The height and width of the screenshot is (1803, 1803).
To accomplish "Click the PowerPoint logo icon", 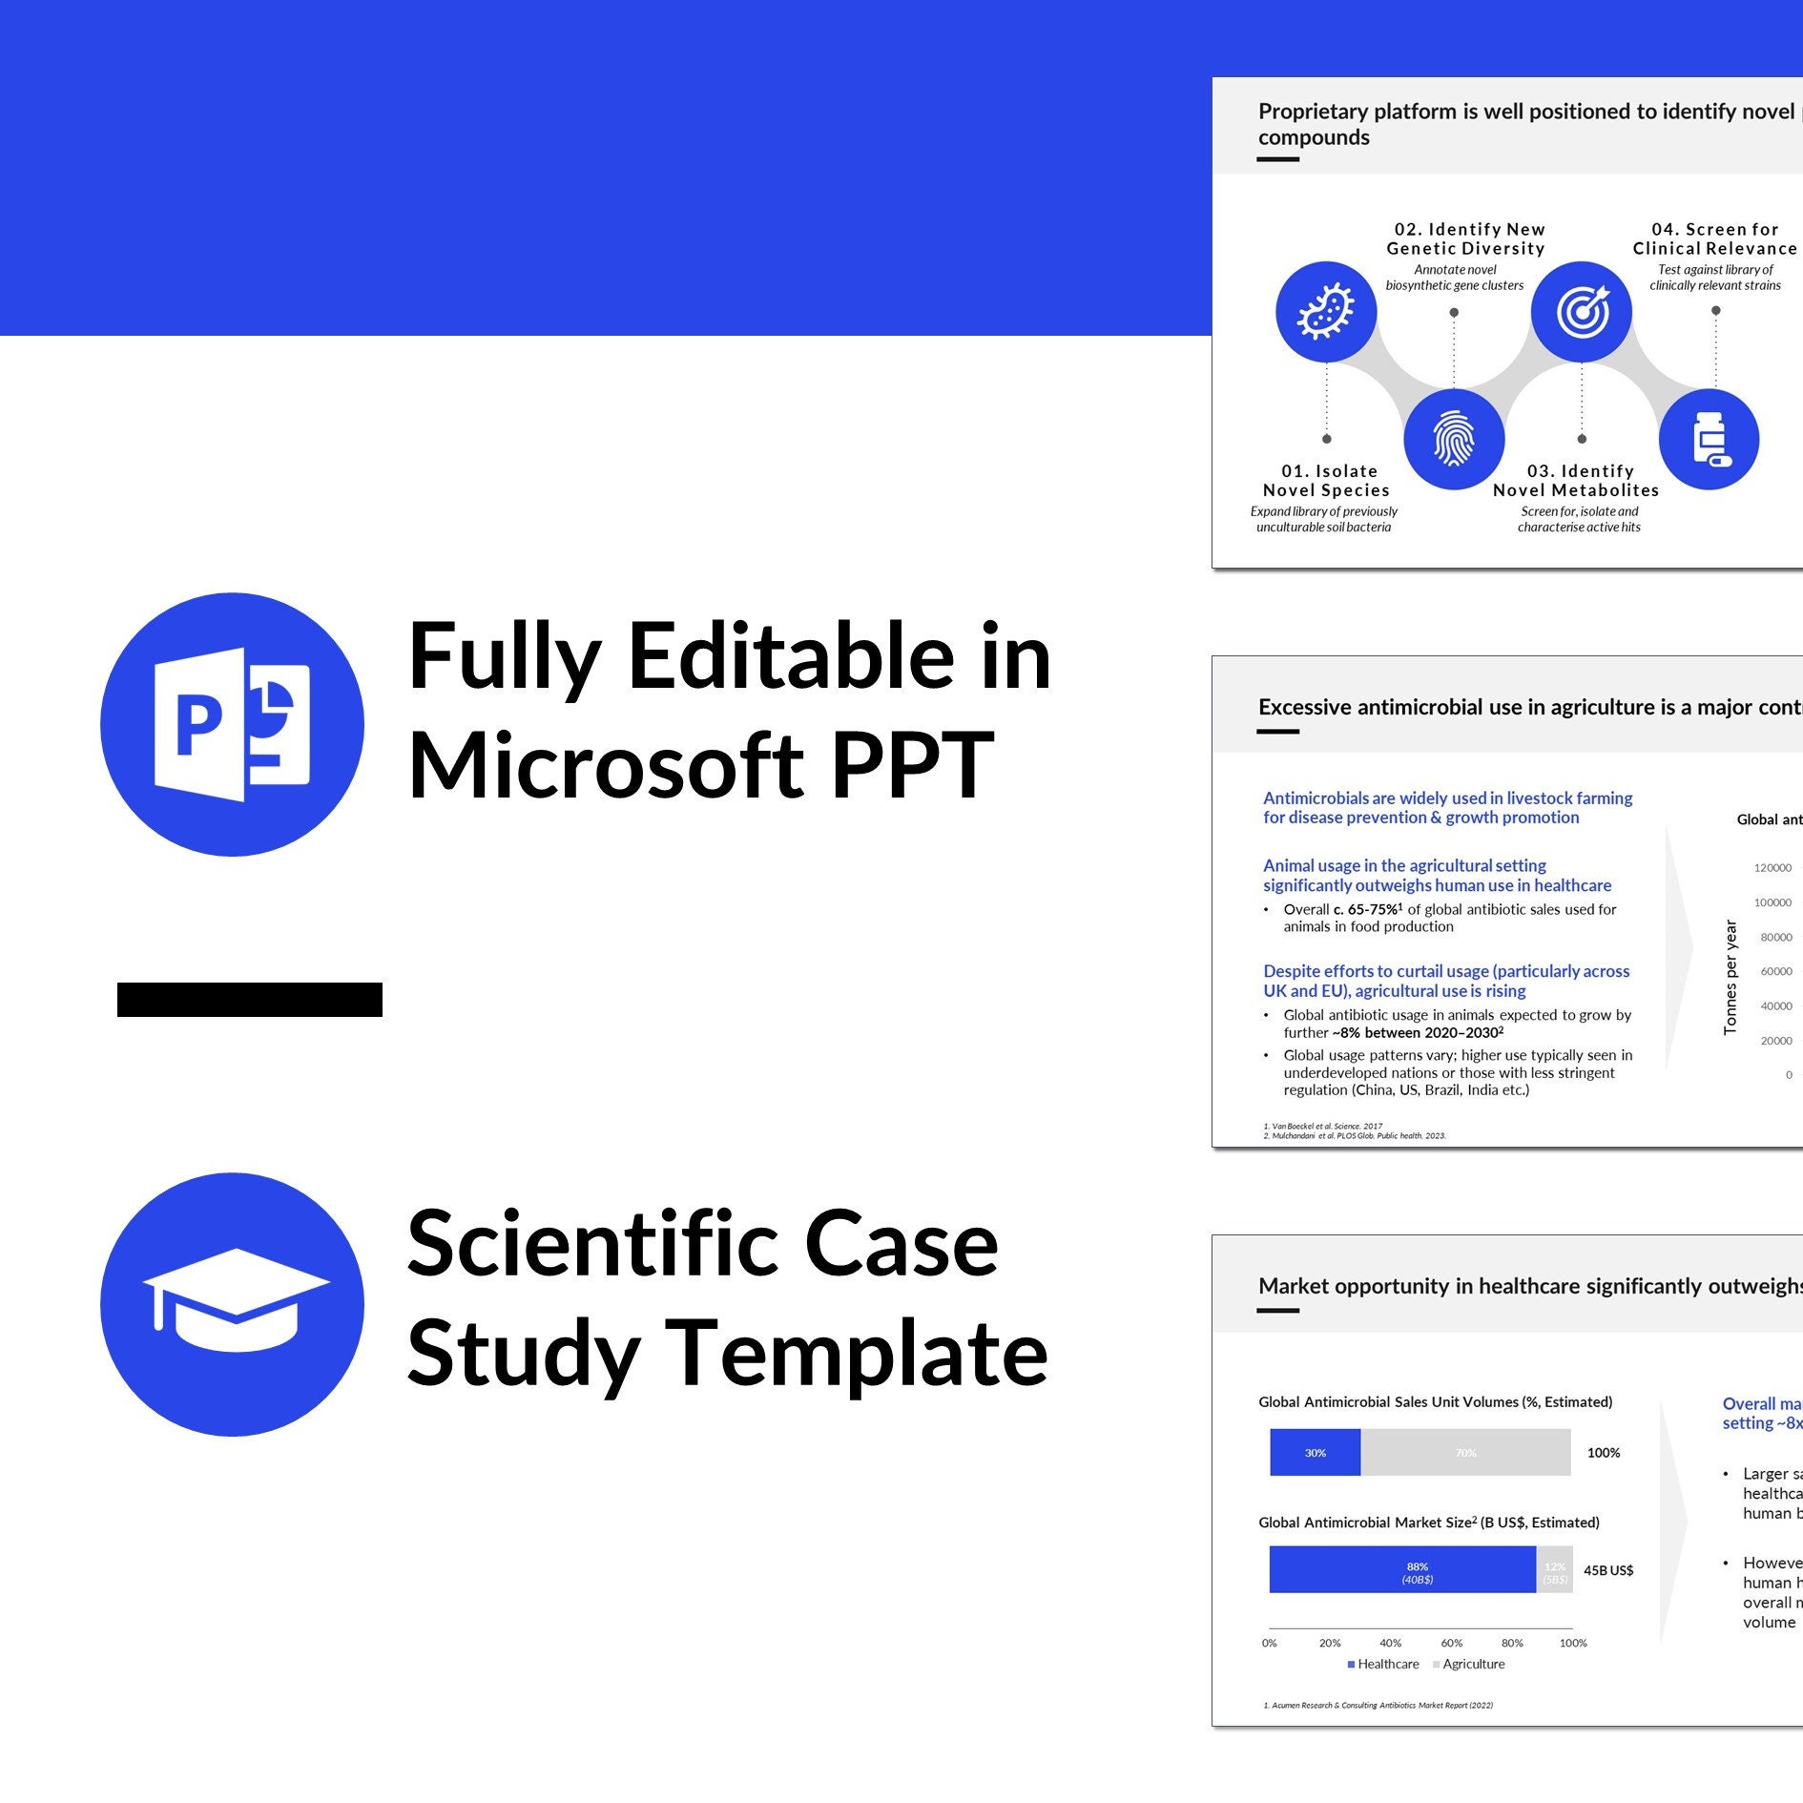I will point(232,725).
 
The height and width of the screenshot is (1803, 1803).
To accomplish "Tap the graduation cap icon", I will point(232,1303).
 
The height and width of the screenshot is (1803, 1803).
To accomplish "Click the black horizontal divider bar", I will point(250,999).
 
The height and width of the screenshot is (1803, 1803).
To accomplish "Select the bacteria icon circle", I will point(1326,312).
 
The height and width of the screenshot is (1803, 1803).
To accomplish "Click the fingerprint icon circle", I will point(1454,439).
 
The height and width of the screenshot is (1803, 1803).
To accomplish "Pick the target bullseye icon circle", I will point(1582,312).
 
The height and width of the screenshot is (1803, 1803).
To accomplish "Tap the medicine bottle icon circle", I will point(1710,439).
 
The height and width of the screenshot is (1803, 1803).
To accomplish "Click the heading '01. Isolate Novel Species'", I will point(1326,481).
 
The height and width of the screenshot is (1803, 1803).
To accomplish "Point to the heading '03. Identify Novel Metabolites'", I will point(1576,481).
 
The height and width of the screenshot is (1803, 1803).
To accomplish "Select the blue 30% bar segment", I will point(1315,1452).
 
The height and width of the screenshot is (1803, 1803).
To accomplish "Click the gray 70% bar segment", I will point(1465,1452).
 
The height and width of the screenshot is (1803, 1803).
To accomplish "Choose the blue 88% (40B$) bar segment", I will point(1402,1569).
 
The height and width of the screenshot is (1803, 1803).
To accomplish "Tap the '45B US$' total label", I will point(1608,1570).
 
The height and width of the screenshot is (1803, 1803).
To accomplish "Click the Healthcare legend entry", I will point(1383,1664).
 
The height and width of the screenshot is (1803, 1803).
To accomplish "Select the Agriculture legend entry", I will point(1469,1664).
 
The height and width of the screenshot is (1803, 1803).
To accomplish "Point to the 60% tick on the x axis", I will point(1451,1643).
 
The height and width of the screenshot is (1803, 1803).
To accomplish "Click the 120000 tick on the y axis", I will point(1772,868).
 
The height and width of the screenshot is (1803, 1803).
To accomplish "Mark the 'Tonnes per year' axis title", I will point(1730,977).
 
